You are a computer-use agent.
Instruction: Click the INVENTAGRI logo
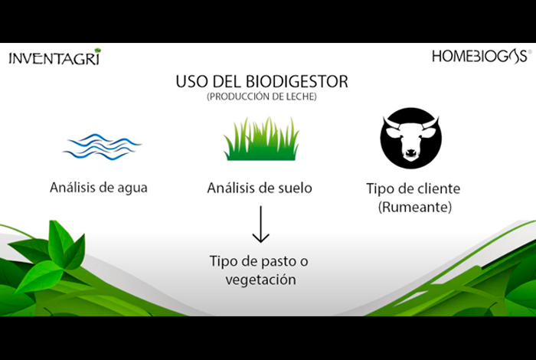(x=55, y=57)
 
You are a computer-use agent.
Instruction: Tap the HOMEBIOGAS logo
(x=482, y=56)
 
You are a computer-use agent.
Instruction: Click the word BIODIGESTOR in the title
(x=297, y=81)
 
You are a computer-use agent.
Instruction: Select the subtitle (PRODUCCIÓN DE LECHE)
(x=262, y=97)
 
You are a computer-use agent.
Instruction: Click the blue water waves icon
(x=102, y=147)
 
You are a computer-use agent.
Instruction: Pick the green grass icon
(x=262, y=139)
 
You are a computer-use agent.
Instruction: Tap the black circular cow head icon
(x=410, y=138)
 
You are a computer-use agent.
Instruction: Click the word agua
(x=132, y=188)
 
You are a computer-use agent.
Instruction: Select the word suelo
(x=294, y=188)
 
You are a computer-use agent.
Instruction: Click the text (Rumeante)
(x=415, y=207)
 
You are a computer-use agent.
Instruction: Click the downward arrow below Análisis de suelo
(x=261, y=224)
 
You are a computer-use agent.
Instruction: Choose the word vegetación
(x=261, y=280)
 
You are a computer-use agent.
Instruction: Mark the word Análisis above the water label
(x=73, y=188)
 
